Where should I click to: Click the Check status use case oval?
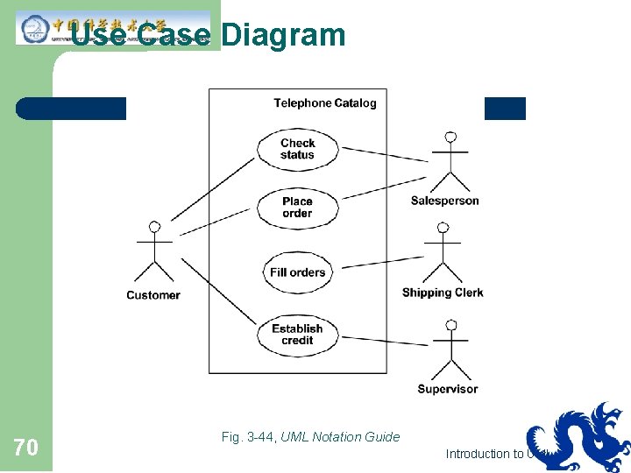[297, 149]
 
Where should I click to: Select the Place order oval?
[297, 208]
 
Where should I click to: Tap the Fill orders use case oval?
[297, 272]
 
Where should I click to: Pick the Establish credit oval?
[297, 335]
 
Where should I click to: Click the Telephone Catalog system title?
[325, 103]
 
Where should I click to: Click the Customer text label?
[153, 295]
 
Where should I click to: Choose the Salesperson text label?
[445, 201]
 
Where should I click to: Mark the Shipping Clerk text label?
[443, 293]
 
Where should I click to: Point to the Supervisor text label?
[448, 389]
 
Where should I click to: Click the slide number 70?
[26, 448]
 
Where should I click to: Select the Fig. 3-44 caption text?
[311, 437]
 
